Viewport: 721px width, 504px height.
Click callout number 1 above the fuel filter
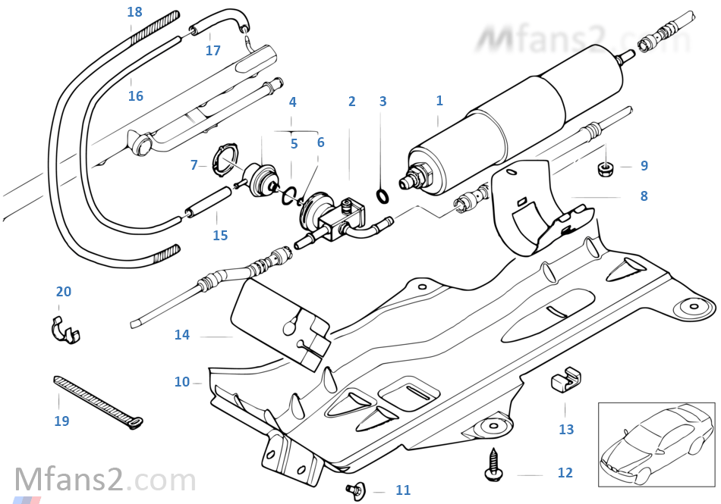click(x=439, y=101)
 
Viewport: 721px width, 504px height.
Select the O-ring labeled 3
click(x=383, y=198)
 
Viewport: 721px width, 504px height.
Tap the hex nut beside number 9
click(x=606, y=167)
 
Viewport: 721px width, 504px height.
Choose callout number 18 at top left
click(x=134, y=12)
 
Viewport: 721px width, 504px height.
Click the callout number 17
click(x=213, y=51)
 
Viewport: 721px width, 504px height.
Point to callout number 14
click(x=182, y=335)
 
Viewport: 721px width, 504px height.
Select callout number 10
click(x=182, y=382)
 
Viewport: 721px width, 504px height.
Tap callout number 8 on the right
click(x=644, y=196)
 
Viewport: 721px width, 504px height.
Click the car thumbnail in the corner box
click(x=656, y=444)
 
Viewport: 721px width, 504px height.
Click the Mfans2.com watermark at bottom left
click(x=105, y=481)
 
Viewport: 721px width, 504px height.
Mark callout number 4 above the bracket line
click(x=293, y=102)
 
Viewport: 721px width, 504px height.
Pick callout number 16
click(x=136, y=96)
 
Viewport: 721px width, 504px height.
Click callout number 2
click(x=351, y=102)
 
